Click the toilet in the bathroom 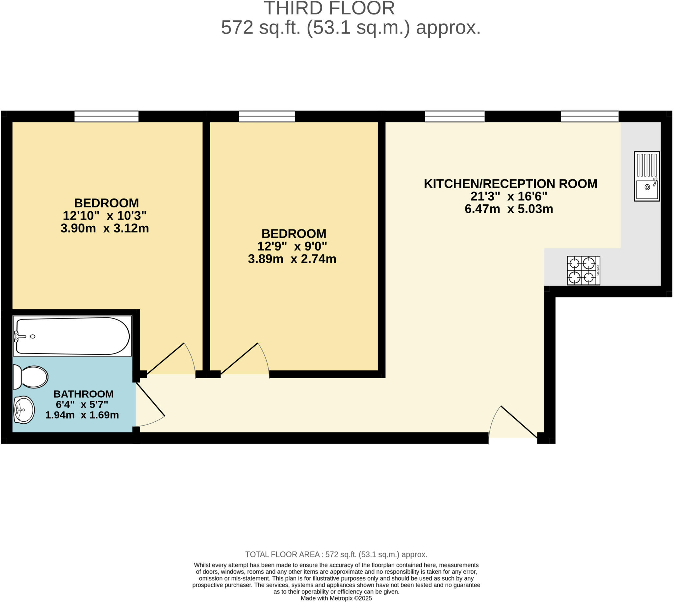31,377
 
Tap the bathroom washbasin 24,410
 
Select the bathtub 72,336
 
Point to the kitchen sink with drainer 647,176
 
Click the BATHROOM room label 83,394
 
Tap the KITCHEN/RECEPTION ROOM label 510,184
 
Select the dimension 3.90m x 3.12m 105,228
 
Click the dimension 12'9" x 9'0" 292,247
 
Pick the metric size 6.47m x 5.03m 509,209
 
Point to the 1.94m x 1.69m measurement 82,415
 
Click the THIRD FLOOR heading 329,8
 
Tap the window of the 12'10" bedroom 106,117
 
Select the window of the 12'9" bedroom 267,117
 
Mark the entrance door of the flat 513,423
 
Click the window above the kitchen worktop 589,117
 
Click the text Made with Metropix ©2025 336,598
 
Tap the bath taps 19,336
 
